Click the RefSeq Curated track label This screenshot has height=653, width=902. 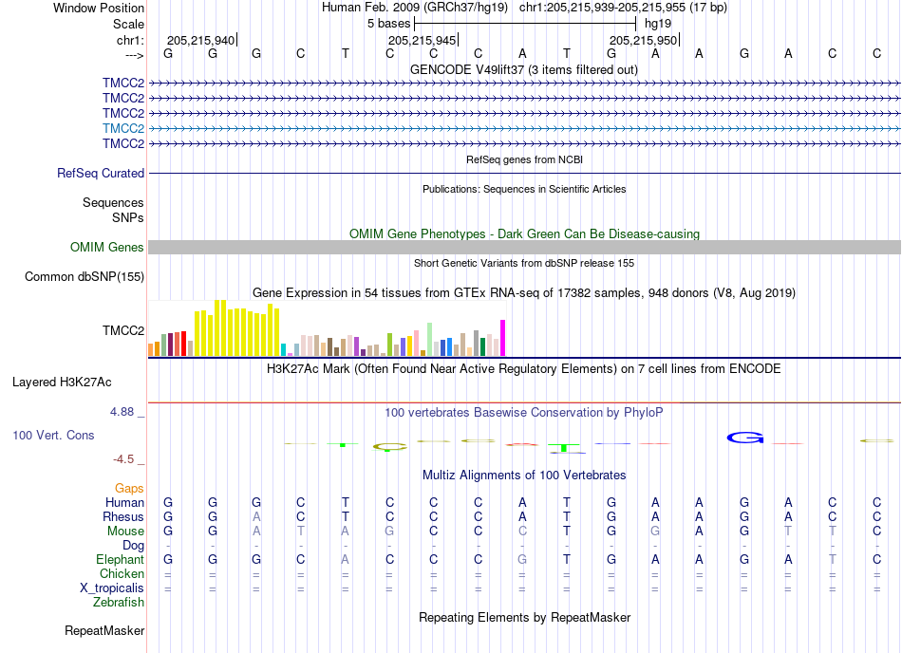[101, 173]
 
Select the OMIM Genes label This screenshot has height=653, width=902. [107, 247]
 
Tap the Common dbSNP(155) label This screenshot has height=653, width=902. [85, 276]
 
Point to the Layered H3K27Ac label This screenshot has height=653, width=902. [62, 382]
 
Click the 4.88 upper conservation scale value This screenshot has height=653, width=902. [122, 412]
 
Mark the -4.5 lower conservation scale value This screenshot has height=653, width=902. [123, 458]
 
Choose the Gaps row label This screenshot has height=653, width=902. [129, 488]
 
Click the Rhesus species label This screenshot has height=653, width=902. [123, 516]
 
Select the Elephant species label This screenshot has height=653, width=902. [121, 559]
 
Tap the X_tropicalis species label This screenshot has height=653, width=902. [112, 588]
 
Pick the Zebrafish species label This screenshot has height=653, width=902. [119, 602]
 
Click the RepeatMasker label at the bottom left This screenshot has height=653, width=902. [104, 630]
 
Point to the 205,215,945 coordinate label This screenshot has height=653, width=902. [423, 40]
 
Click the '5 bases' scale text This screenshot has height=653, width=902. [389, 24]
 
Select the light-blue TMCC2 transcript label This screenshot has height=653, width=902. [123, 128]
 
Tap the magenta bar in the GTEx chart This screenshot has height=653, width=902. [503, 338]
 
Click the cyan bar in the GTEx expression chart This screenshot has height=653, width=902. [283, 350]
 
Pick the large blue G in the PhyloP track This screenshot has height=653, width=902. [745, 438]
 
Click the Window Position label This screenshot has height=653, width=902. [99, 8]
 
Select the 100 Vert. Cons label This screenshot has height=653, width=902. [53, 435]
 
